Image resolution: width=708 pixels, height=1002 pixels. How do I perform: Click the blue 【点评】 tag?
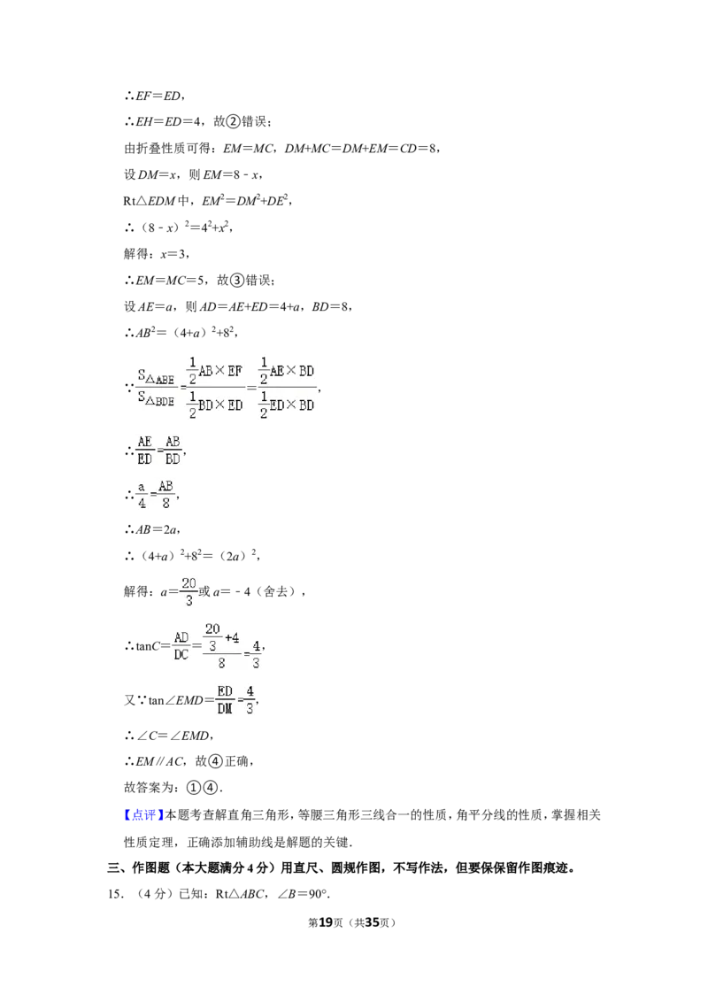coord(143,814)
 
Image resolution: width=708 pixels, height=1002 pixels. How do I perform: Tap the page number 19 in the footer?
coord(326,922)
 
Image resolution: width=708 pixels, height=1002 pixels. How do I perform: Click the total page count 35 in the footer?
coord(372,922)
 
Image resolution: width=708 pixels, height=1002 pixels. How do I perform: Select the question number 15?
coord(115,894)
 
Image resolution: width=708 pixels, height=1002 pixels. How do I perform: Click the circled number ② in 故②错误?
coord(234,121)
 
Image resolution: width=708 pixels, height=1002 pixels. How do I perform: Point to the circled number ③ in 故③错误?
coord(237,280)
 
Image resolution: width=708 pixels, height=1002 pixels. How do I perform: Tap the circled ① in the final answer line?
coord(194,788)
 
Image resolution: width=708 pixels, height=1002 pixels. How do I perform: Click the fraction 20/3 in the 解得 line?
coord(189,592)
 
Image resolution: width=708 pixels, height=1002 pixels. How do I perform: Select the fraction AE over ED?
coord(145,451)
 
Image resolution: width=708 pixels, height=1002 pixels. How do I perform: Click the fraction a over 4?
coord(142,496)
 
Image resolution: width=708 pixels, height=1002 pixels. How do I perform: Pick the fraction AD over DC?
coord(181,646)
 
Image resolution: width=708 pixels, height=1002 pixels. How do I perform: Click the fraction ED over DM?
coord(224,700)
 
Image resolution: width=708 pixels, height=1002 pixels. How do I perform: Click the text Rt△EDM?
coord(150,201)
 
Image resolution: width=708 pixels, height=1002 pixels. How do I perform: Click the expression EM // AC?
coord(160,761)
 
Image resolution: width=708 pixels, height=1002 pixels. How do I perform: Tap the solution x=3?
coord(173,254)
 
